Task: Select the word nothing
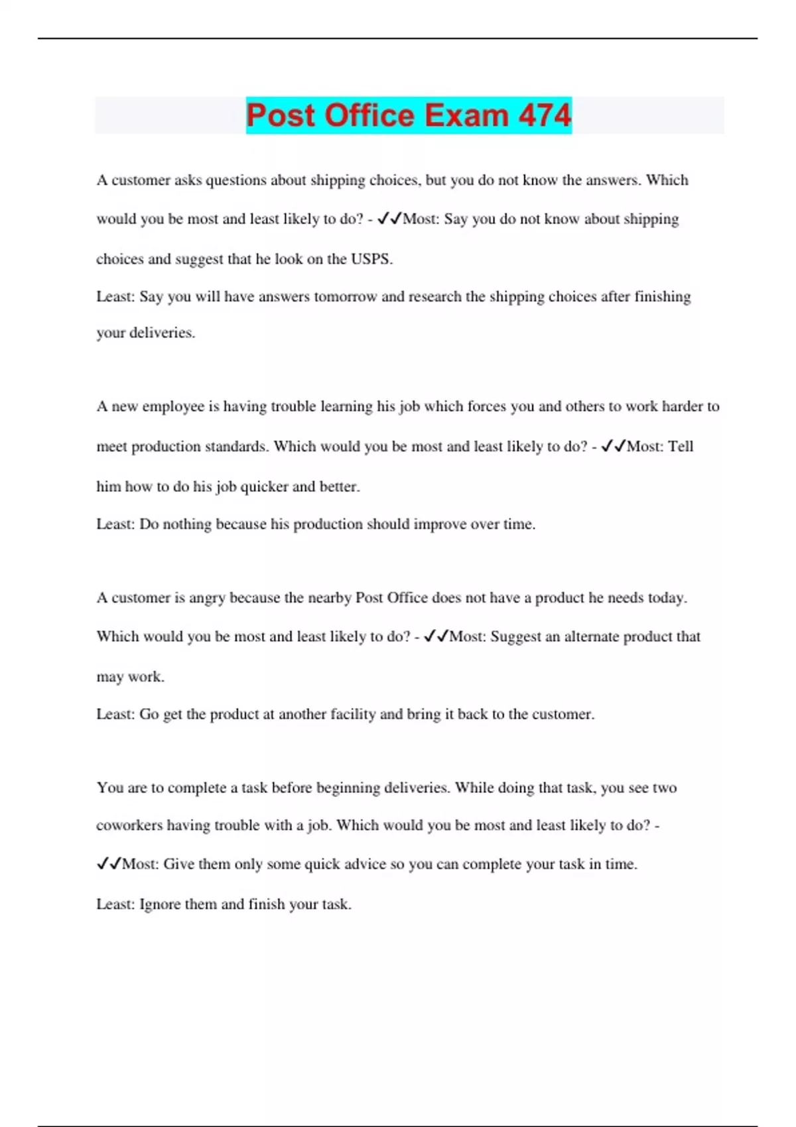187,524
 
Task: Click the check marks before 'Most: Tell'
613,446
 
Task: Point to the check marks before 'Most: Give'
109,864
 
